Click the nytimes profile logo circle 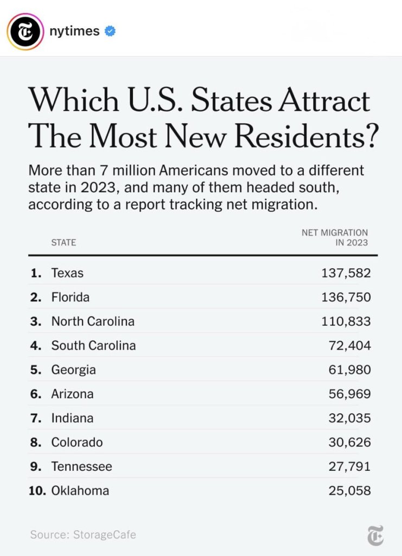[x=25, y=31]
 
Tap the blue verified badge [x=110, y=31]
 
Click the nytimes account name [x=75, y=31]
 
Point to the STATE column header [x=63, y=242]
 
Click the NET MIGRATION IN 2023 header [x=335, y=237]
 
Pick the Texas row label [x=67, y=273]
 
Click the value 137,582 [x=346, y=273]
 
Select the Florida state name [x=71, y=298]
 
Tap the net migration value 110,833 [x=346, y=321]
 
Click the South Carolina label [x=93, y=346]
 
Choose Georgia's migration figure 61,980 [x=350, y=370]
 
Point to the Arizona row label [x=72, y=394]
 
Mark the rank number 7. [x=35, y=419]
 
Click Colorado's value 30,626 [x=350, y=443]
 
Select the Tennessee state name [x=81, y=467]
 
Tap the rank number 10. [x=37, y=491]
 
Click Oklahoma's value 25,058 [x=350, y=491]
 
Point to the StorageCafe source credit [x=83, y=535]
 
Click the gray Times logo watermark [x=375, y=535]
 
